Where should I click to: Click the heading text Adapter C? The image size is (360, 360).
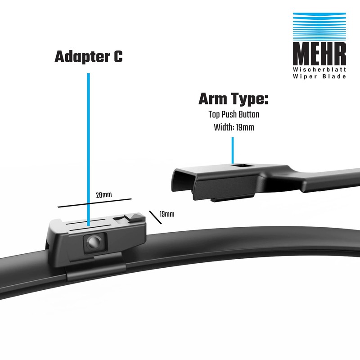88,57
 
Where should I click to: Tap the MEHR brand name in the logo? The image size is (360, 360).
319,55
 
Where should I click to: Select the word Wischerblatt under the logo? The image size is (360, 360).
319,70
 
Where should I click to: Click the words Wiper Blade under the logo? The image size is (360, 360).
319,76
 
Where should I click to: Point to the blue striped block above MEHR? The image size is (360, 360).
319,27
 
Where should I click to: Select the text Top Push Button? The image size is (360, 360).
234,114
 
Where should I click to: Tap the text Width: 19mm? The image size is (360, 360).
234,127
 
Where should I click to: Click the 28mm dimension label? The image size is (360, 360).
104,195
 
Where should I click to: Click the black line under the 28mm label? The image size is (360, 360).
94,202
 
